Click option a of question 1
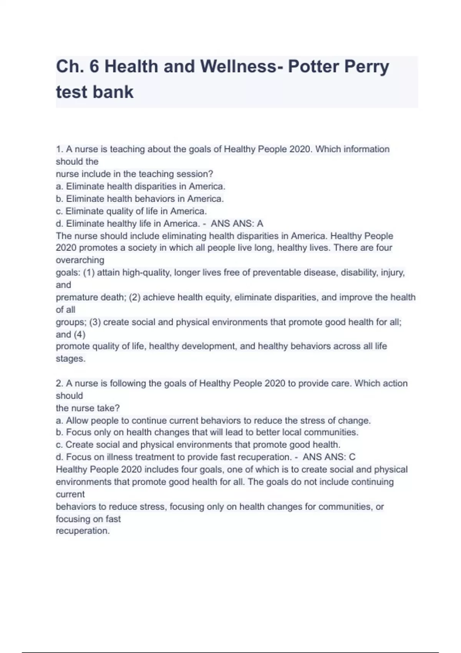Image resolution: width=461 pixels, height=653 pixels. click(x=141, y=186)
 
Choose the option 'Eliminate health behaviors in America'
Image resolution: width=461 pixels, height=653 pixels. click(x=140, y=199)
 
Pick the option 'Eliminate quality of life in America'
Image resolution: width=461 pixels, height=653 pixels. click(x=131, y=211)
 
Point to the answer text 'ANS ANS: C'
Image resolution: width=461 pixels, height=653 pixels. click(x=329, y=457)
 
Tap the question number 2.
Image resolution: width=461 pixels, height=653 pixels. click(x=59, y=383)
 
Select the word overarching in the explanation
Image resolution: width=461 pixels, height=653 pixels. click(x=80, y=260)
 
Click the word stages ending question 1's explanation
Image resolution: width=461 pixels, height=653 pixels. click(x=70, y=359)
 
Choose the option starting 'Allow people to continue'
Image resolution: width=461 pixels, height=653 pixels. click(x=213, y=421)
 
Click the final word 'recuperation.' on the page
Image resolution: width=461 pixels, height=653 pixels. click(x=83, y=531)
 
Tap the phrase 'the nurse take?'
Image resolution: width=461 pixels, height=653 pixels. click(x=88, y=408)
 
